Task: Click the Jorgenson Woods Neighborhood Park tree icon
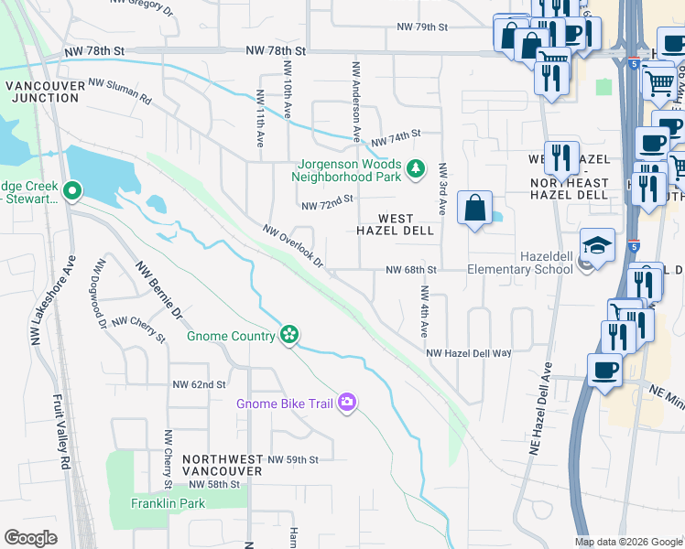[x=416, y=167]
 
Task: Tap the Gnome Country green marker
[x=289, y=335]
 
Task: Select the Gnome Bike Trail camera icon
[x=346, y=402]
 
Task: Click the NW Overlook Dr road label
[x=293, y=247]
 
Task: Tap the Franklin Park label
[x=168, y=503]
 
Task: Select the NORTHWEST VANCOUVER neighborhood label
[x=222, y=464]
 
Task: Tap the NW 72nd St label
[x=326, y=199]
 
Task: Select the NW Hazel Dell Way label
[x=468, y=352]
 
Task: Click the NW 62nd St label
[x=198, y=384]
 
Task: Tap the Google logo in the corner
[x=30, y=538]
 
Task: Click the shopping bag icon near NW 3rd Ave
[x=475, y=209]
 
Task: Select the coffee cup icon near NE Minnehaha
[x=604, y=371]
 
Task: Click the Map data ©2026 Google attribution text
[x=627, y=542]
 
